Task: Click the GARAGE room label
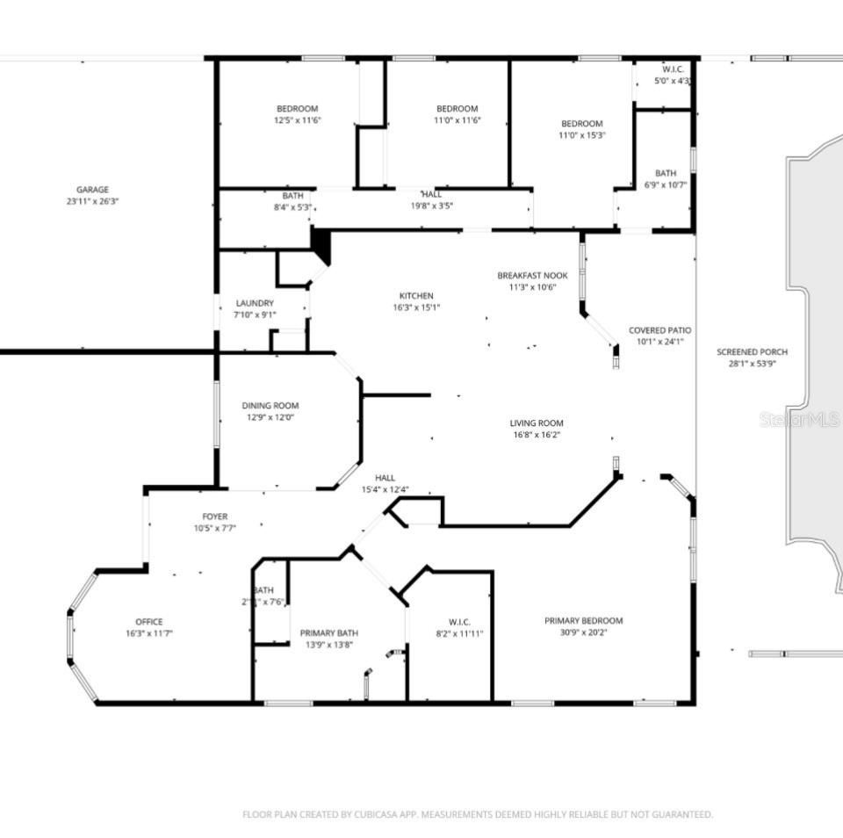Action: (92, 190)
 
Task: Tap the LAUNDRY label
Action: (254, 303)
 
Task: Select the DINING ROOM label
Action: (270, 406)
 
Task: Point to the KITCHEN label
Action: (416, 296)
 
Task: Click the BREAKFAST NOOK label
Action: (532, 276)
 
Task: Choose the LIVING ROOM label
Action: (537, 423)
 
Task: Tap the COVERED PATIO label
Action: (659, 330)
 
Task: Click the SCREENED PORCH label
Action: (752, 351)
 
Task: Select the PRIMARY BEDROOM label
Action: (583, 620)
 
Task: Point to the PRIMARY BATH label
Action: (329, 632)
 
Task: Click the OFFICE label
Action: (148, 622)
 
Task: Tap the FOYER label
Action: (215, 517)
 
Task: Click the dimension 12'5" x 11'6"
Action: (298, 120)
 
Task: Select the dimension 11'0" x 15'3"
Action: (582, 135)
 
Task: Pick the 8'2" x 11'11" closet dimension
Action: (459, 633)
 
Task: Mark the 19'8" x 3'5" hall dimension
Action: (432, 206)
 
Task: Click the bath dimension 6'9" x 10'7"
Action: (665, 184)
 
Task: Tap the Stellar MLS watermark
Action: (799, 420)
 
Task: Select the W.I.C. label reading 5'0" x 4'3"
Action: (673, 81)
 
